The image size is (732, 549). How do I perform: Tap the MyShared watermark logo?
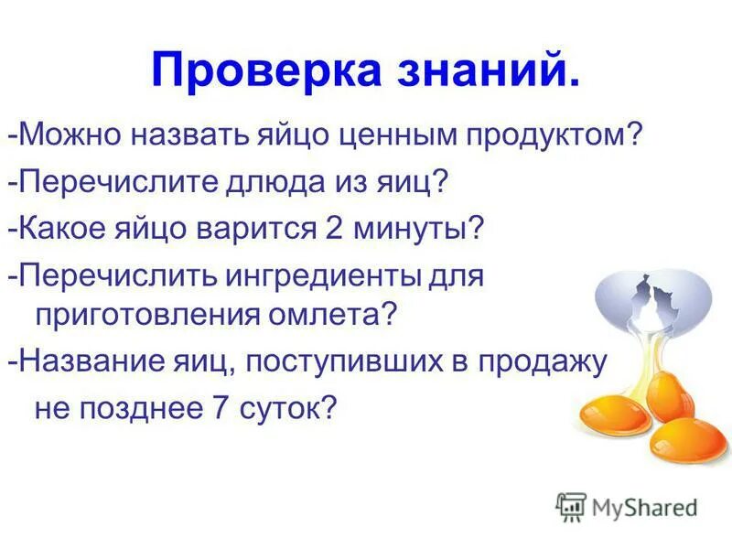628,506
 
